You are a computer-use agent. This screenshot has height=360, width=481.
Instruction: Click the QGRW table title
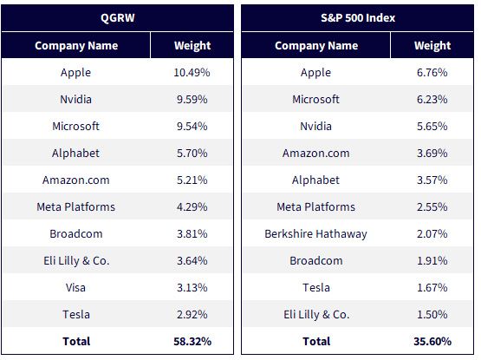pyautogui.click(x=118, y=18)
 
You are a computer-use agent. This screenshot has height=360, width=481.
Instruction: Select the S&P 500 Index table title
pyautogui.click(x=358, y=18)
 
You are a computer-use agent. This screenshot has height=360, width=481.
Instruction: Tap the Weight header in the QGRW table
pyautogui.click(x=192, y=45)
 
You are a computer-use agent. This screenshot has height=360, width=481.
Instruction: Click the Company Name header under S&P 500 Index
pyautogui.click(x=316, y=45)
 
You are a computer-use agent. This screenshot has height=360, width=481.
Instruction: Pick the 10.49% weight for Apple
pyautogui.click(x=192, y=73)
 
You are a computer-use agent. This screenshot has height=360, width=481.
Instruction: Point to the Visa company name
pyautogui.click(x=75, y=287)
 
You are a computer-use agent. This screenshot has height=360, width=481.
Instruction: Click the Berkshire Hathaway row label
pyautogui.click(x=315, y=233)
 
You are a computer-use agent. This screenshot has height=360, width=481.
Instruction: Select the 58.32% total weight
pyautogui.click(x=192, y=341)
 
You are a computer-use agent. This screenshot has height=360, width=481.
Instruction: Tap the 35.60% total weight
pyautogui.click(x=432, y=341)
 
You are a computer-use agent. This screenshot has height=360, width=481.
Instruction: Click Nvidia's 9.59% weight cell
pyautogui.click(x=192, y=100)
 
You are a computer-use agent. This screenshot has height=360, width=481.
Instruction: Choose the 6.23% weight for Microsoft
pyautogui.click(x=432, y=100)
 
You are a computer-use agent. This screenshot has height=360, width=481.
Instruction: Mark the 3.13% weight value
pyautogui.click(x=192, y=287)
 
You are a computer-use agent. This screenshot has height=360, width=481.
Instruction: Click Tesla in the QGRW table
pyautogui.click(x=76, y=315)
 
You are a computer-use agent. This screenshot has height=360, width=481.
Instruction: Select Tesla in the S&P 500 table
pyautogui.click(x=316, y=287)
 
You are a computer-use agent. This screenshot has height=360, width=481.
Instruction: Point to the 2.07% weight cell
pyautogui.click(x=432, y=233)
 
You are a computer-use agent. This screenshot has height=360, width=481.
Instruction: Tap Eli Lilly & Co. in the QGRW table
pyautogui.click(x=76, y=261)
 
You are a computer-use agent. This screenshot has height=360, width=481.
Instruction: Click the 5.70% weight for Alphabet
pyautogui.click(x=192, y=154)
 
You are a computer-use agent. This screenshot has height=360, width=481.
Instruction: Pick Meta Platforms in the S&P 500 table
pyautogui.click(x=316, y=207)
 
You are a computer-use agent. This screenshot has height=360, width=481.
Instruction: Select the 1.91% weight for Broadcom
pyautogui.click(x=432, y=261)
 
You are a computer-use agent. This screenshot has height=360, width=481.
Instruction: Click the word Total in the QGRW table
pyautogui.click(x=76, y=341)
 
